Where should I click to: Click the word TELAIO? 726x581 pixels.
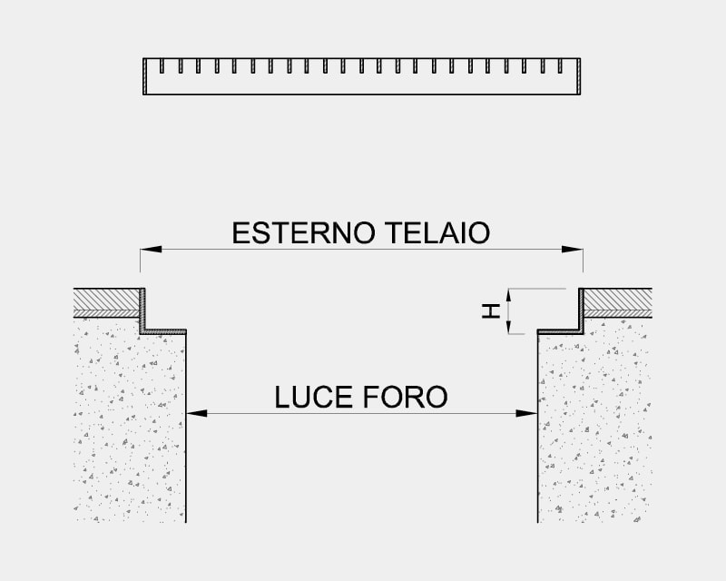pyautogui.click(x=437, y=232)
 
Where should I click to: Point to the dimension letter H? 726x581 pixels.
pyautogui.click(x=491, y=310)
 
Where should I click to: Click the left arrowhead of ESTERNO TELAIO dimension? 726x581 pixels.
pyautogui.click(x=151, y=250)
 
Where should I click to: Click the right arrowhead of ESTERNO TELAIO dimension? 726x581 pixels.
pyautogui.click(x=573, y=250)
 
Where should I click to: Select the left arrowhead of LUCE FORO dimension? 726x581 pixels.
pyautogui.click(x=197, y=413)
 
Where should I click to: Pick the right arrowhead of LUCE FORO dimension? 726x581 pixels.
pyautogui.click(x=526, y=413)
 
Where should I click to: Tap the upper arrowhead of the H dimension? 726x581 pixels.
pyautogui.click(x=508, y=295)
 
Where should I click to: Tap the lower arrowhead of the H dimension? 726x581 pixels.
pyautogui.click(x=508, y=327)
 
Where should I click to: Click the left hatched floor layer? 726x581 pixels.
pyautogui.click(x=106, y=303)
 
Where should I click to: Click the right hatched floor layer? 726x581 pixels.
pyautogui.click(x=618, y=303)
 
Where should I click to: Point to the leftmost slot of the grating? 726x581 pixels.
pyautogui.click(x=162, y=65)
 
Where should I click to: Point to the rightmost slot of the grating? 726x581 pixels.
pyautogui.click(x=560, y=65)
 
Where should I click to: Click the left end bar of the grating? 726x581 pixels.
pyautogui.click(x=145, y=76)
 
